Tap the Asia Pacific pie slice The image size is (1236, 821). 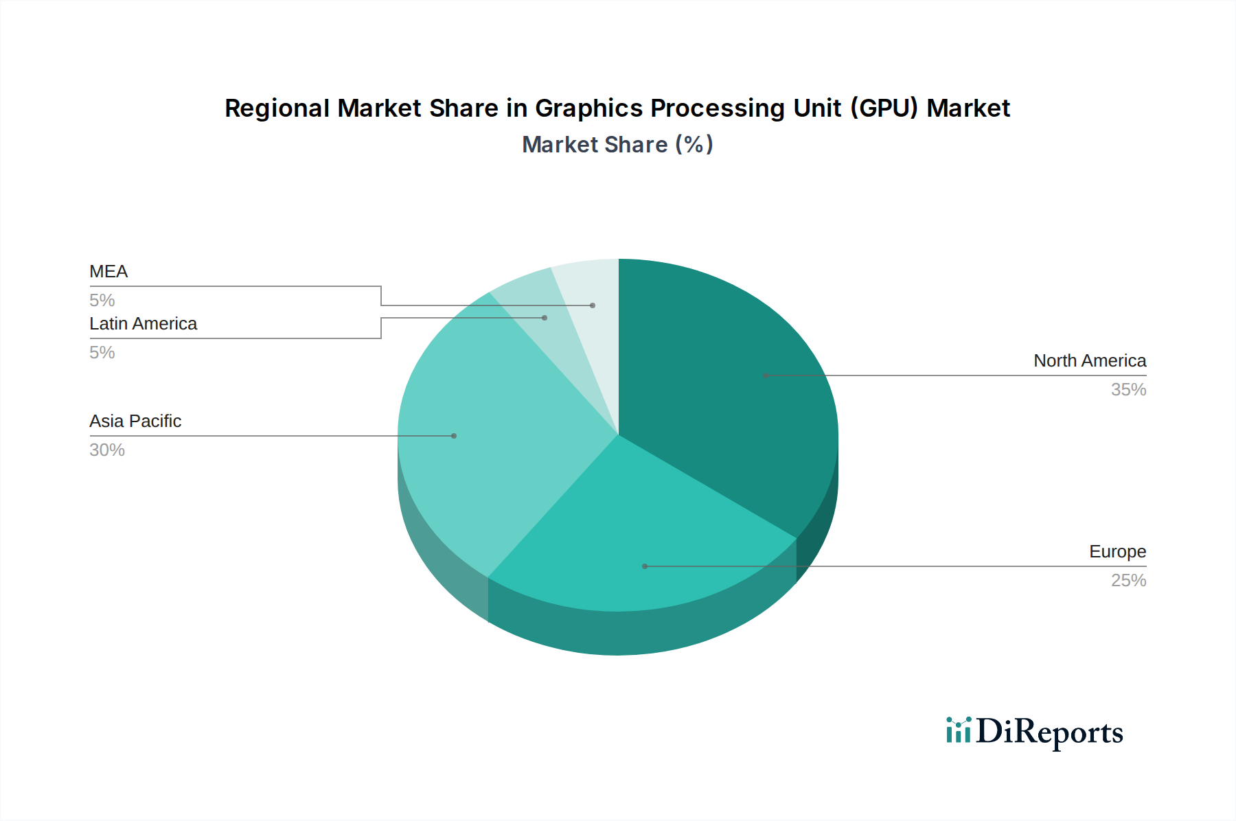tap(494, 439)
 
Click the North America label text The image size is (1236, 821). tap(1090, 361)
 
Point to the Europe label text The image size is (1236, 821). tap(1117, 552)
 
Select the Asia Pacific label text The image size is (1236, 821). tap(135, 421)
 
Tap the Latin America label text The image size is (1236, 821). tap(143, 324)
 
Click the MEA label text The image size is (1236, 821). tap(108, 272)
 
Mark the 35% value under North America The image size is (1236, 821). tap(1128, 390)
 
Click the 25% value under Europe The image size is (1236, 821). tap(1128, 581)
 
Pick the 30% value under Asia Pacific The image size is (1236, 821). tap(107, 450)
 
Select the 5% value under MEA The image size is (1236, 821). tap(102, 301)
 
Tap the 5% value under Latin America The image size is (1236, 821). tap(102, 353)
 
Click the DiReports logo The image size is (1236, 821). tap(1034, 732)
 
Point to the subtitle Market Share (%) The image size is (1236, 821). tap(617, 145)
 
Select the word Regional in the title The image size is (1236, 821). tap(277, 108)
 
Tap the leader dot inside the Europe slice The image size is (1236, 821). tap(645, 566)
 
